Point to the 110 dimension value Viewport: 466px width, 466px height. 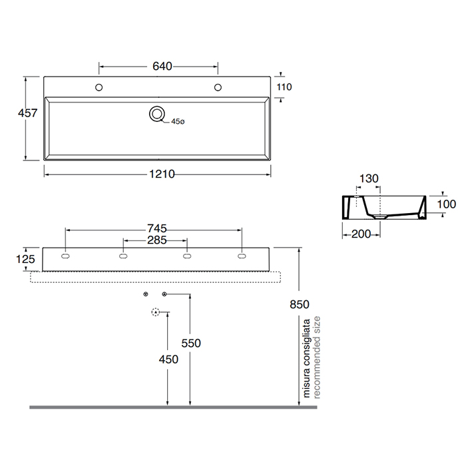284,87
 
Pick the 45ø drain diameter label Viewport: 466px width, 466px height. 178,122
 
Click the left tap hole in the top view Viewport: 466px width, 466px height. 99,87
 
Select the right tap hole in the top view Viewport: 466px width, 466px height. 218,87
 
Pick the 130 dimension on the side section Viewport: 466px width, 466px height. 369,179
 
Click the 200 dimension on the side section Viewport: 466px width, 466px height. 361,233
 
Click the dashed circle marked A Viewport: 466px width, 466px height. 156,311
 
